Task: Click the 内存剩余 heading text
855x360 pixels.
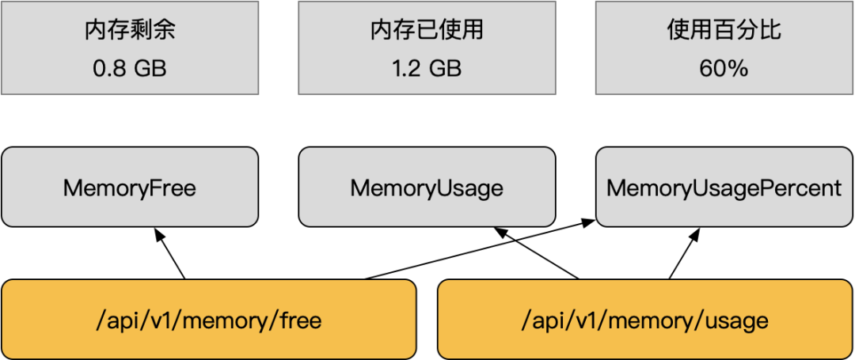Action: pyautogui.click(x=130, y=31)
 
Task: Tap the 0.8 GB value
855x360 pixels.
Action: pyautogui.click(x=130, y=68)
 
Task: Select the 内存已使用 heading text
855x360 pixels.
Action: pyautogui.click(x=427, y=31)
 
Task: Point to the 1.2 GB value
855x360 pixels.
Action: pyautogui.click(x=427, y=68)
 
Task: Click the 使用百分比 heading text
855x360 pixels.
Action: pyautogui.click(x=724, y=31)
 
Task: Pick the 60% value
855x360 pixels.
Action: pyautogui.click(x=724, y=68)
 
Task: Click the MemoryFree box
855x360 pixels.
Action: pyautogui.click(x=130, y=188)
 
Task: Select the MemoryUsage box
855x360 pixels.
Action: pyautogui.click(x=427, y=188)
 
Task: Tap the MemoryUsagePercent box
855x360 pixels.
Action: pyautogui.click(x=724, y=188)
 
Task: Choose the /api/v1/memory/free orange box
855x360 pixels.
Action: pyautogui.click(x=209, y=320)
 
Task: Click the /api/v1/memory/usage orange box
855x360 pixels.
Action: pyautogui.click(x=645, y=320)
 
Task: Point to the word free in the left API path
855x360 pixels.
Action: pyautogui.click(x=300, y=320)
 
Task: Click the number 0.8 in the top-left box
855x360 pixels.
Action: pyautogui.click(x=108, y=68)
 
